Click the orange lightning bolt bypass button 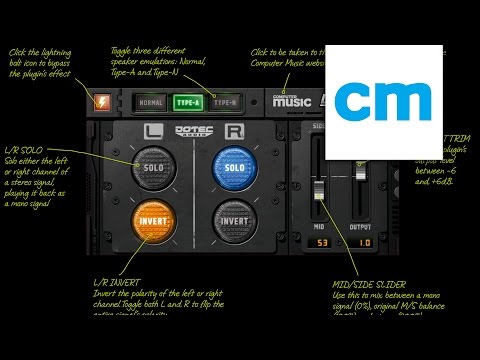pos(103,101)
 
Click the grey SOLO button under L pos(152,165)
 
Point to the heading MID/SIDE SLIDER pos(369,284)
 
